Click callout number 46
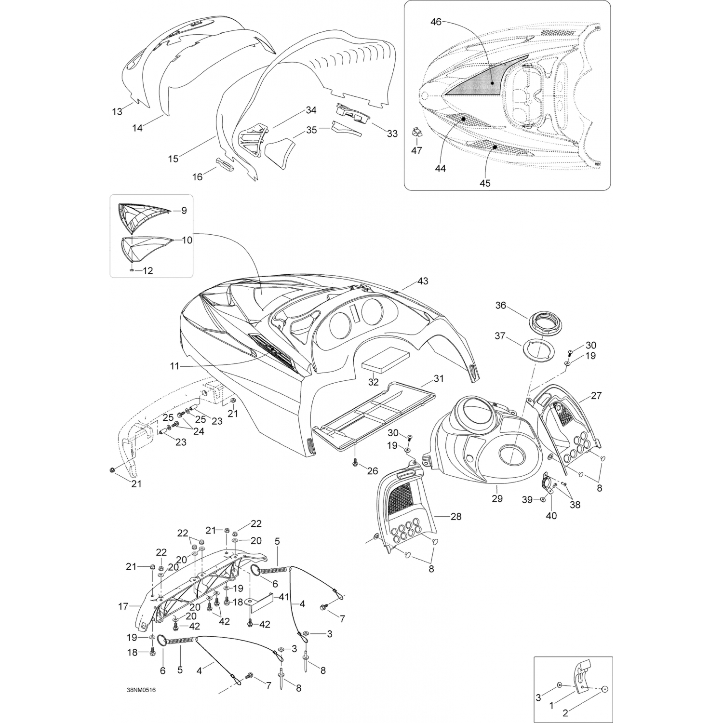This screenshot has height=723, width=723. coord(436,22)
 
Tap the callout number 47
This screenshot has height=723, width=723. coord(416,150)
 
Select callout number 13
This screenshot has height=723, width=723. coord(117,112)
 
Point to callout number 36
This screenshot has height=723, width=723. coord(501,306)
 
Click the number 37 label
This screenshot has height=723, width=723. coord(499,335)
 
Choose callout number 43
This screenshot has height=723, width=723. coord(423,281)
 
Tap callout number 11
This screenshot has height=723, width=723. coord(174,366)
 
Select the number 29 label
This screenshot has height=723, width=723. coord(497,499)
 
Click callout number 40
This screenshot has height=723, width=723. coord(551,516)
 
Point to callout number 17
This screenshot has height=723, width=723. coord(123,607)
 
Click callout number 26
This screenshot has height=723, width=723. coord(373,471)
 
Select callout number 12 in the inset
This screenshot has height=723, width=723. coord(147,271)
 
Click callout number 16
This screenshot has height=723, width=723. coord(198,177)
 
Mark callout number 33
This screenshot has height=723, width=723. coord(392,134)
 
